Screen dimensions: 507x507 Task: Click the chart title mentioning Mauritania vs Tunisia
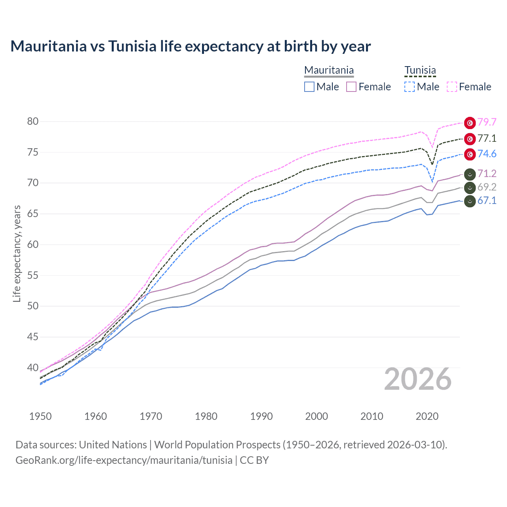point(191,46)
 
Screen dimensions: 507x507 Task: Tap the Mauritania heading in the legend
point(329,71)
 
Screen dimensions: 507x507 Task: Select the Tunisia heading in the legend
point(420,71)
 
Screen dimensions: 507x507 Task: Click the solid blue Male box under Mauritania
point(309,87)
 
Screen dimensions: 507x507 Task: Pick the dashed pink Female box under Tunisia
point(452,87)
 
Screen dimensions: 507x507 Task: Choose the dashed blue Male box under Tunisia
point(410,87)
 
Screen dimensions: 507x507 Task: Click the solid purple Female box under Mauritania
point(351,87)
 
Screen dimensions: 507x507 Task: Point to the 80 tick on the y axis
point(33,121)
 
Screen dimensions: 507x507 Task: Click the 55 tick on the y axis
point(33,275)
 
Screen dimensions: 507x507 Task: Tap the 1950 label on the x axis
point(40,416)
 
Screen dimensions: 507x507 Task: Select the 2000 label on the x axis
point(316,416)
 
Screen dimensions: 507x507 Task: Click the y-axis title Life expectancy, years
point(17,253)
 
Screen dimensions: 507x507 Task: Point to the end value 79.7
point(487,122)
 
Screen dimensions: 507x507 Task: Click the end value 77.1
point(487,139)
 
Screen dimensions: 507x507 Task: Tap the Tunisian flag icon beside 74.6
point(470,154)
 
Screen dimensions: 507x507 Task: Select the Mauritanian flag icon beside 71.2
point(470,174)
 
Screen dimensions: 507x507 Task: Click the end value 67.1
point(487,201)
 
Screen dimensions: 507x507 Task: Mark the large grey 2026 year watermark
point(418,379)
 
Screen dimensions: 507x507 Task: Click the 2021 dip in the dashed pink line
point(433,148)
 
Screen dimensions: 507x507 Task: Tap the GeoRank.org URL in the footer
point(124,460)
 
